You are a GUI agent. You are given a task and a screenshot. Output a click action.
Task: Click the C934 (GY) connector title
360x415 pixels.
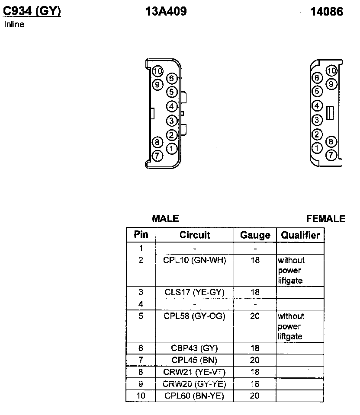pyautogui.click(x=32, y=11)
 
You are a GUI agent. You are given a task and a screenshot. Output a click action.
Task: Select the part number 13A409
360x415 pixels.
pyautogui.click(x=166, y=12)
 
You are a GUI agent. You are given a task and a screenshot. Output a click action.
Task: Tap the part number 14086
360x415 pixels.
pyautogui.click(x=326, y=12)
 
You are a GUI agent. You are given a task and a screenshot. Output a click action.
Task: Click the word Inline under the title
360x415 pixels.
pyautogui.click(x=14, y=24)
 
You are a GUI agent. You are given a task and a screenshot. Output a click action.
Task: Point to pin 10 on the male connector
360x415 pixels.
pyautogui.click(x=157, y=71)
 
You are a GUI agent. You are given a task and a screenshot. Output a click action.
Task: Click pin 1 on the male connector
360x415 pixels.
pyautogui.click(x=172, y=149)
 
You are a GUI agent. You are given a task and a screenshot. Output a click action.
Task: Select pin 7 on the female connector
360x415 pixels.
pyautogui.click(x=331, y=155)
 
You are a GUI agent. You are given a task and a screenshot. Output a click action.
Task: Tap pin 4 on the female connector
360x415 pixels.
pyautogui.click(x=317, y=105)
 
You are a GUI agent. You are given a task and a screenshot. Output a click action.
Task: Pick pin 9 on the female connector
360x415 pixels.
pyautogui.click(x=331, y=84)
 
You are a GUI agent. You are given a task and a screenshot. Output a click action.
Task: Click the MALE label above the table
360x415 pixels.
pyautogui.click(x=165, y=219)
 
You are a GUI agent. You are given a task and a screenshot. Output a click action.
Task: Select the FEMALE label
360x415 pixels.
pyautogui.click(x=325, y=219)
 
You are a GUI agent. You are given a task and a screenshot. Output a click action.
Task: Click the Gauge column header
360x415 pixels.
pyautogui.click(x=255, y=235)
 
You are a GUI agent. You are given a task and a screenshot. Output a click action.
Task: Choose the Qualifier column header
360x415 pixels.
pyautogui.click(x=300, y=235)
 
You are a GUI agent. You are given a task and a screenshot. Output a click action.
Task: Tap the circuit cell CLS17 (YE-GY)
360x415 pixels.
pyautogui.click(x=195, y=292)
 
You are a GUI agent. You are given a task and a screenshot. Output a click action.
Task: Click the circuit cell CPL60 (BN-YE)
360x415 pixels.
pyautogui.click(x=195, y=396)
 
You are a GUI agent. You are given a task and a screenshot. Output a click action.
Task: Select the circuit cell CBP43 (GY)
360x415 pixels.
pyautogui.click(x=195, y=348)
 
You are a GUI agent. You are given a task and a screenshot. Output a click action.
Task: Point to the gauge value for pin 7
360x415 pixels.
pyautogui.click(x=255, y=360)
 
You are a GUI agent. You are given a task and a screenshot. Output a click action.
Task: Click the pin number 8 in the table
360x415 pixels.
pyautogui.click(x=141, y=372)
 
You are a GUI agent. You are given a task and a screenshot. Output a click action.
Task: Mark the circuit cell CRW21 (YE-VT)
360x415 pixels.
pyautogui.click(x=195, y=372)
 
